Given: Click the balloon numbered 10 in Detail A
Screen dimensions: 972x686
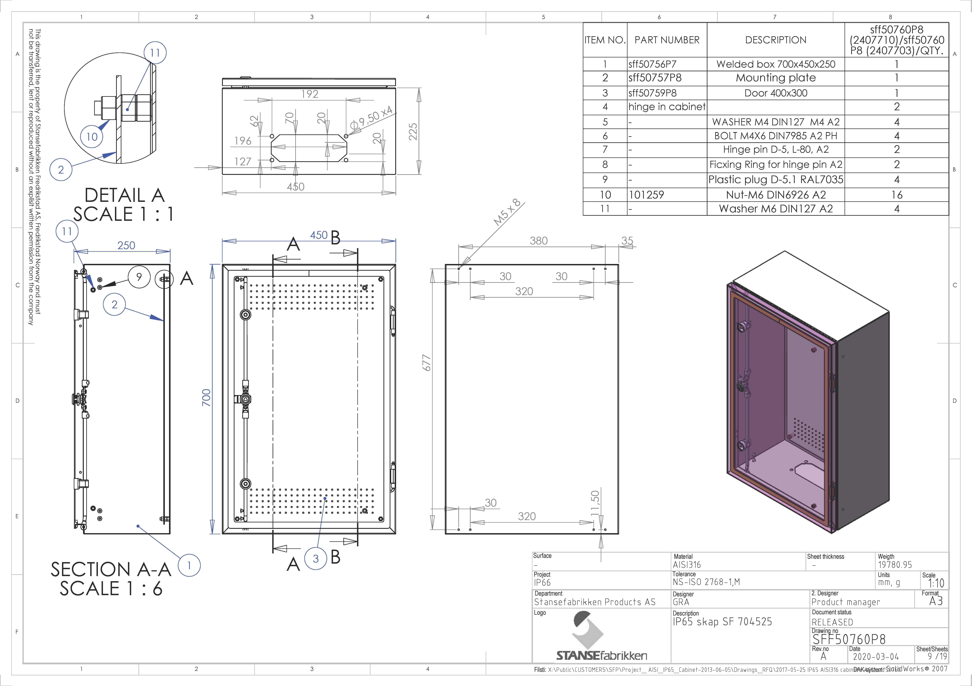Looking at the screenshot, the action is (92, 137).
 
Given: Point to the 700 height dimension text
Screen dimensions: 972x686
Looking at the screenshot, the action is (206, 398).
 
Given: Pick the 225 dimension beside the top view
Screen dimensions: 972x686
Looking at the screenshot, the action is (413, 132).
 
